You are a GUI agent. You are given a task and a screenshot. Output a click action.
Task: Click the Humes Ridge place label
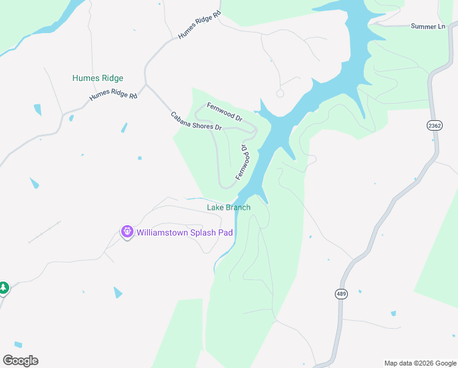pos(97,79)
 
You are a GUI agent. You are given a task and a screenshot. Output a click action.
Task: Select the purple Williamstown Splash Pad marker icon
pos(127,232)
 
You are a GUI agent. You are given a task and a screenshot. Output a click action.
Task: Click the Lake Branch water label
pos(228,207)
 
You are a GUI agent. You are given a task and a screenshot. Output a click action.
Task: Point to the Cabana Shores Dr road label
pos(196,121)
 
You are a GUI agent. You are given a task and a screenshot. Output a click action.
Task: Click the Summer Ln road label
pos(427,26)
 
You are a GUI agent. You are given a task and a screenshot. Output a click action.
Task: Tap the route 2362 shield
pos(434,125)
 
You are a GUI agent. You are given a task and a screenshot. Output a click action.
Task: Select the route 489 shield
pos(341,294)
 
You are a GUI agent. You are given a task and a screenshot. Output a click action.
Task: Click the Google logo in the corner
pos(20,361)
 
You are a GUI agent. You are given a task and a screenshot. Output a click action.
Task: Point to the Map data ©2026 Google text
pos(419,363)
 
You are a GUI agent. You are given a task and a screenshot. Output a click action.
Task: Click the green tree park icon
pos(3,287)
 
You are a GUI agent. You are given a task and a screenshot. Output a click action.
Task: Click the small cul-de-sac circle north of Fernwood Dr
pos(280,93)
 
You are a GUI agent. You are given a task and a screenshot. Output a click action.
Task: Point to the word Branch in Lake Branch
pos(238,207)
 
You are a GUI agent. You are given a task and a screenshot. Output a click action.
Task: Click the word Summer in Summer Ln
pos(422,26)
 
